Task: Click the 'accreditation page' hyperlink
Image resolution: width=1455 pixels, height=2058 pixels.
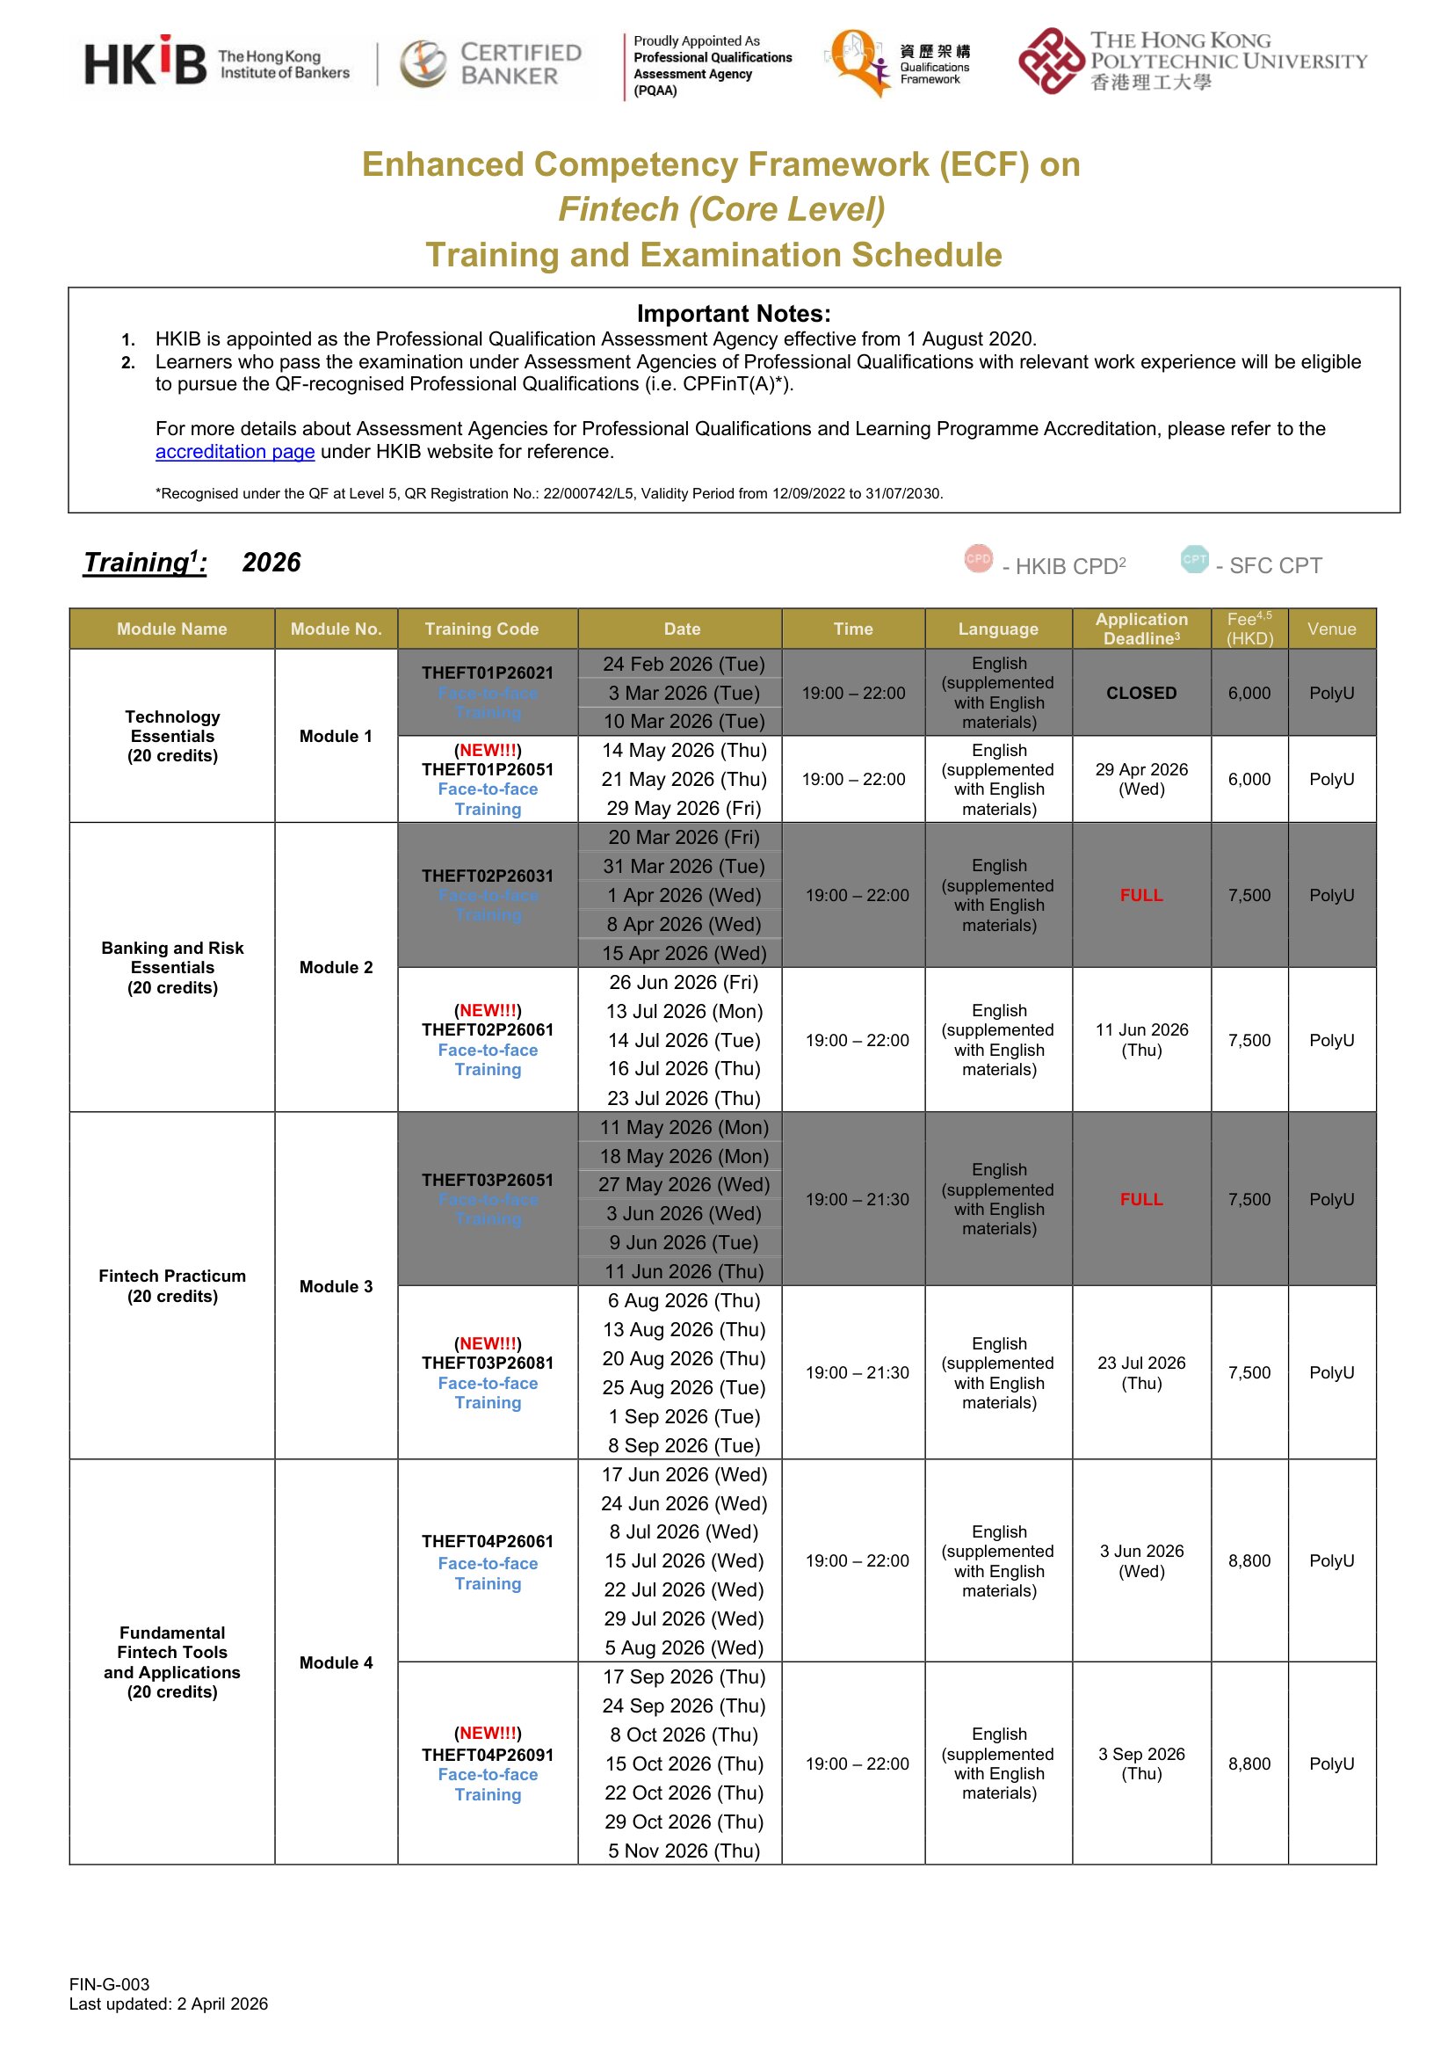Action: [x=235, y=452]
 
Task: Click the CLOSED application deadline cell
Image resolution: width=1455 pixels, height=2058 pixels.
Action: [x=1140, y=693]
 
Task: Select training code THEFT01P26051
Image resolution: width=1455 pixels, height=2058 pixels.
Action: [x=488, y=770]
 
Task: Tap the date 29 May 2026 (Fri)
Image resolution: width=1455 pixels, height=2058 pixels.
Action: [x=684, y=809]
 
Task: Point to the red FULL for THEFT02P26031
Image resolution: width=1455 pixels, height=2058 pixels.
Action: [x=1140, y=896]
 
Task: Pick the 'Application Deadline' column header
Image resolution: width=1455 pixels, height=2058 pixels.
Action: [x=1140, y=629]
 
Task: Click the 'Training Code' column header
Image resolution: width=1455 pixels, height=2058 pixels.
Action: [x=481, y=629]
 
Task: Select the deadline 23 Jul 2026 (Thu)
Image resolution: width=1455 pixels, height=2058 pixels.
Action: [x=1141, y=1372]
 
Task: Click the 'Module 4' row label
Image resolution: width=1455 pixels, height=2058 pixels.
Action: [x=336, y=1662]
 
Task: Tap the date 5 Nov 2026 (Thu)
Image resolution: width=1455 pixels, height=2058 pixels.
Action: [x=684, y=1851]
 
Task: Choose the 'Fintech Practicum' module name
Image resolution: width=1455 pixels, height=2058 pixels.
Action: [x=172, y=1276]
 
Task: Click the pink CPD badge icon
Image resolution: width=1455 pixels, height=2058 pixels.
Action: [x=979, y=558]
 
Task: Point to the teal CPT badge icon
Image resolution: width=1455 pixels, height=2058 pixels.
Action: [x=1194, y=558]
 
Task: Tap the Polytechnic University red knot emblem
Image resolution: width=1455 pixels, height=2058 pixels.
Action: [x=1050, y=61]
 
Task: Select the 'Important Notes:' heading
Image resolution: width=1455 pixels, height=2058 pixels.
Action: [x=733, y=314]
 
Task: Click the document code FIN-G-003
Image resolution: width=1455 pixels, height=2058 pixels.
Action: [x=109, y=1984]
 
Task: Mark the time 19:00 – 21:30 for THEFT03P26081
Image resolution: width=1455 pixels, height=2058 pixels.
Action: [x=857, y=1372]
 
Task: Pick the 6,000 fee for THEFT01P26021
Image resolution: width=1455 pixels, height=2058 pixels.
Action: [x=1249, y=693]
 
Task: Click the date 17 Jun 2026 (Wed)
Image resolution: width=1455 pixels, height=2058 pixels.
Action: [x=684, y=1474]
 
